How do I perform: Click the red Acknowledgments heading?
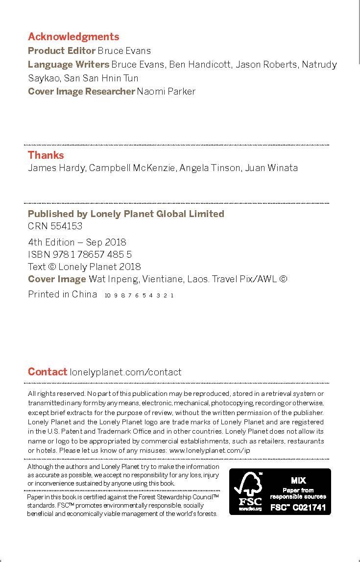pos(73,37)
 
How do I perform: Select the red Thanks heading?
pos(46,155)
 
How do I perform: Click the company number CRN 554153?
pos(55,226)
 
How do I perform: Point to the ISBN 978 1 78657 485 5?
pos(80,254)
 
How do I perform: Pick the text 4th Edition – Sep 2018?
pos(77,242)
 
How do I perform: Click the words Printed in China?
pos(63,294)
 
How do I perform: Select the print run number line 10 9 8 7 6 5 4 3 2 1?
pos(140,295)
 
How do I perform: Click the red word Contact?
pos(48,372)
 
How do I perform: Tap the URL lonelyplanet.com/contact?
pos(126,372)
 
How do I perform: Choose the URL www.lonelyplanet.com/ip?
pos(210,450)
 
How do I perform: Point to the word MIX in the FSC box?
pos(298,481)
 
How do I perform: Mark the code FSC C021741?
pos(298,508)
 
